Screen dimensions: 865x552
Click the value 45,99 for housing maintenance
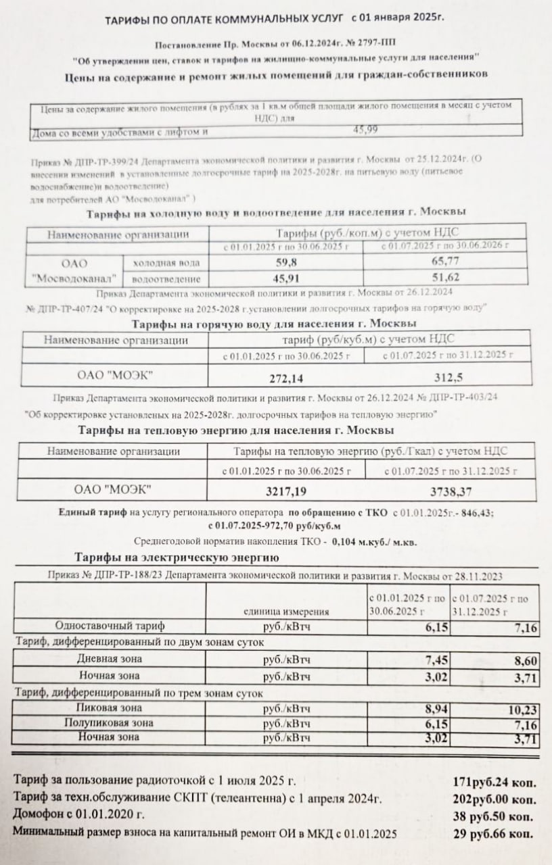[366, 130]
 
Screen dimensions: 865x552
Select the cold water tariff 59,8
[285, 261]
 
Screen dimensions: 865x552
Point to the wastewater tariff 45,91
[285, 278]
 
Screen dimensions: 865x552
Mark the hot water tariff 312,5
[448, 376]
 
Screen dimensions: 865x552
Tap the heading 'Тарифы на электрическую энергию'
[176, 558]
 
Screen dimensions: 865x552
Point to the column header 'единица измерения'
[287, 612]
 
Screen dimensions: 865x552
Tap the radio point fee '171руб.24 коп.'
[494, 783]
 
